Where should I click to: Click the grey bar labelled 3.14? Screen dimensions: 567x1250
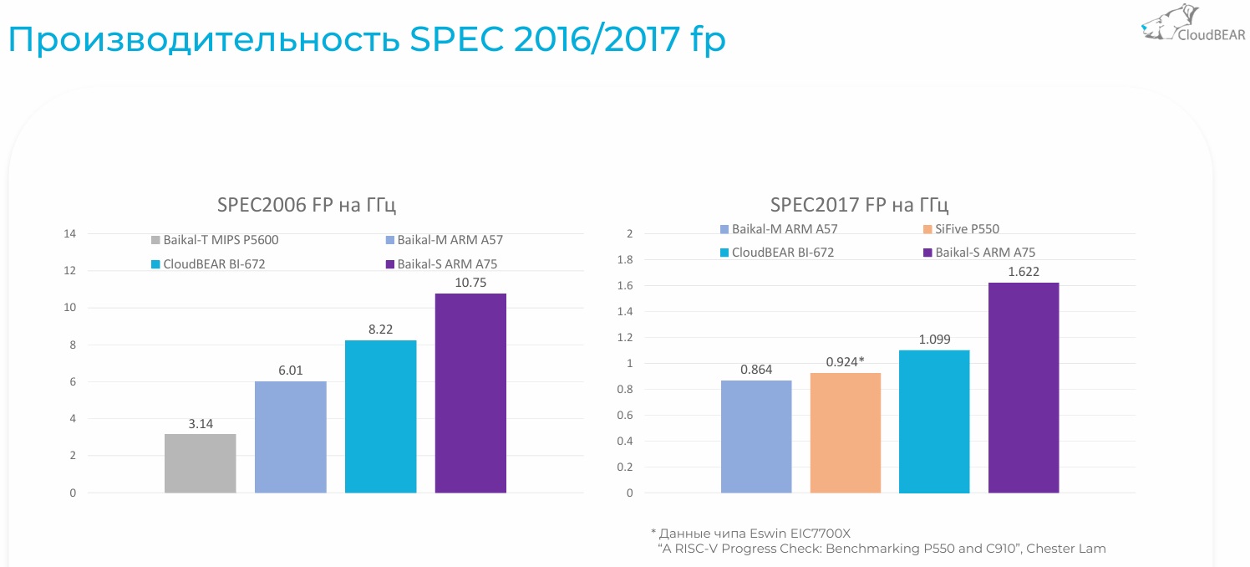click(x=201, y=463)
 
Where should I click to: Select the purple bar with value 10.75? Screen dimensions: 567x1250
click(x=470, y=393)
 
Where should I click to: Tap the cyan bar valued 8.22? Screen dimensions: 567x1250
click(x=380, y=416)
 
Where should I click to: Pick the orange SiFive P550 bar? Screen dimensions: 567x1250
click(x=846, y=432)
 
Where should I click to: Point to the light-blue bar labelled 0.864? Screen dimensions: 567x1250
click(x=756, y=437)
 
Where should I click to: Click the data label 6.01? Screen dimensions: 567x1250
click(x=290, y=369)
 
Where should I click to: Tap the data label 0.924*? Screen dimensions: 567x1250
click(x=846, y=360)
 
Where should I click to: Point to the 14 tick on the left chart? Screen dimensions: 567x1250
click(x=69, y=233)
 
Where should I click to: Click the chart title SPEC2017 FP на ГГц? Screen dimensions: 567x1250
click(x=859, y=206)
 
